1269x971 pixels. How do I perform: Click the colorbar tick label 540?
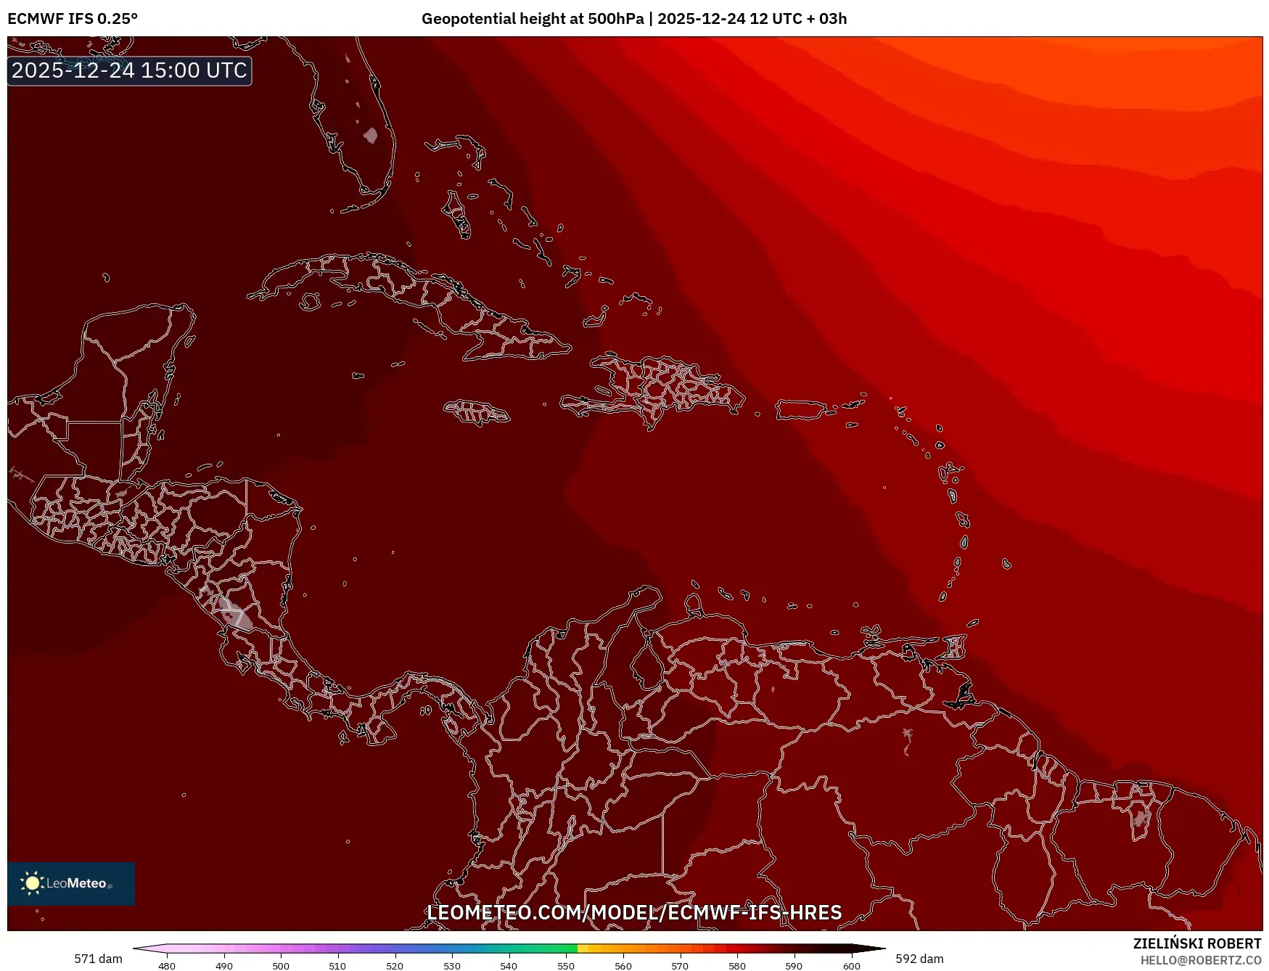pyautogui.click(x=509, y=966)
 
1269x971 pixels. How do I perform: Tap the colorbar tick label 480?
pyautogui.click(x=167, y=966)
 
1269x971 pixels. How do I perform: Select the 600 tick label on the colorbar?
pyautogui.click(x=852, y=966)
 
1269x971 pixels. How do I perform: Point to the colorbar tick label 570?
pyautogui.click(x=680, y=966)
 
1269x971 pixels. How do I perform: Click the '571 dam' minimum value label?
pyautogui.click(x=98, y=959)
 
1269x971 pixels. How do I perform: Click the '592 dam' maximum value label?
pyautogui.click(x=919, y=959)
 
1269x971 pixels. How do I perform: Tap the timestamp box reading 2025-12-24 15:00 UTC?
pyautogui.click(x=129, y=70)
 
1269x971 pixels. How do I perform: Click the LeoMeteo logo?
pyautogui.click(x=70, y=883)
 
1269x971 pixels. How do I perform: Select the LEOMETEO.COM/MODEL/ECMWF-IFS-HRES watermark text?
pyautogui.click(x=634, y=912)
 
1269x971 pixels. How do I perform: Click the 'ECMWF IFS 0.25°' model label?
pyautogui.click(x=73, y=19)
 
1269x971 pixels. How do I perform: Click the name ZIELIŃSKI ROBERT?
pyautogui.click(x=1197, y=943)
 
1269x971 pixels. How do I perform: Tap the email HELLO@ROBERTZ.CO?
pyautogui.click(x=1201, y=960)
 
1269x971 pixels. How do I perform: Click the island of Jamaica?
pyautogui.click(x=477, y=412)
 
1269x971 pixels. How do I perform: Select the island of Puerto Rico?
pyautogui.click(x=802, y=410)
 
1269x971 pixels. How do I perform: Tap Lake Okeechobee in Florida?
pyautogui.click(x=371, y=135)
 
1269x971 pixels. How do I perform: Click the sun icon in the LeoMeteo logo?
pyautogui.click(x=32, y=883)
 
